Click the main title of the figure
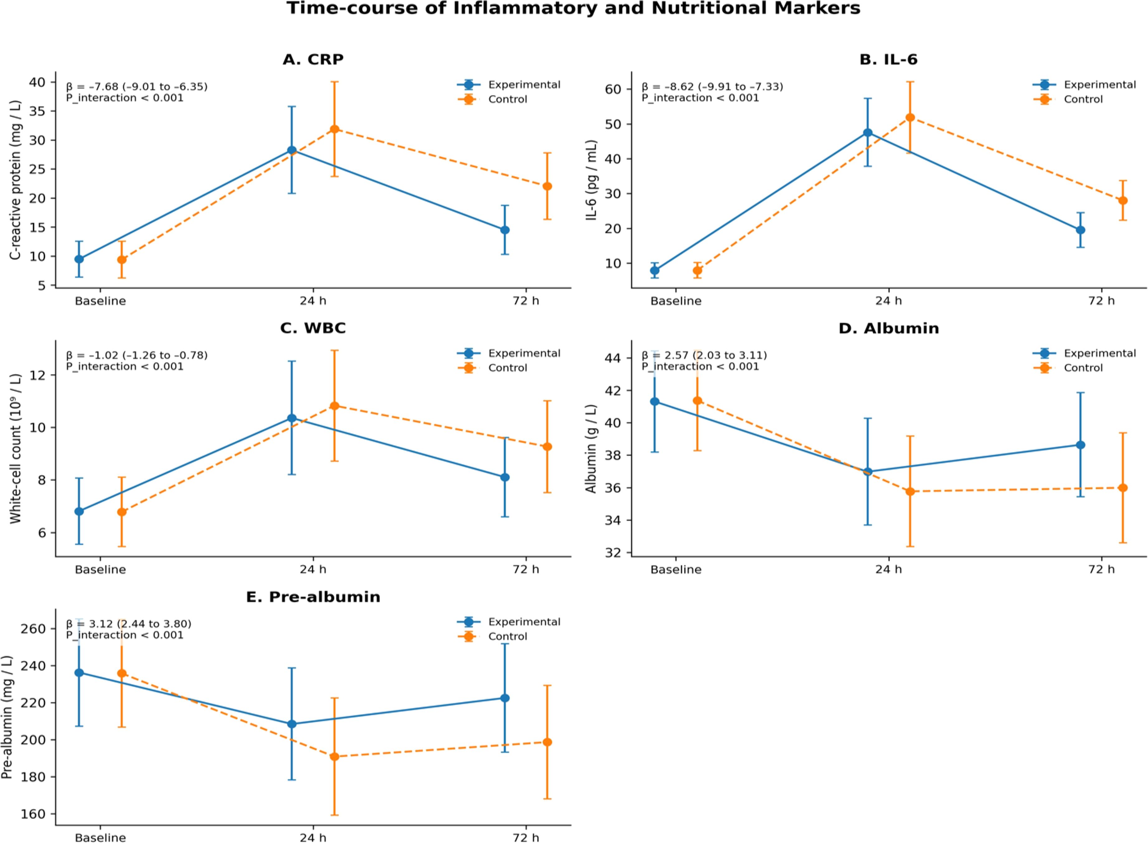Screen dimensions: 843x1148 point(573,9)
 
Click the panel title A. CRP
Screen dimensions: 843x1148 point(313,60)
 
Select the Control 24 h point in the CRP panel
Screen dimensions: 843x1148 point(334,129)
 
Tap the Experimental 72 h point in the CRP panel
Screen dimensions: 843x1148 point(504,230)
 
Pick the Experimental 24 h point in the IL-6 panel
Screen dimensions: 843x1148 point(867,133)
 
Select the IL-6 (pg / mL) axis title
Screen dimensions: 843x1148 point(591,180)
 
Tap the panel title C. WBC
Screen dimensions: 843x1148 point(313,328)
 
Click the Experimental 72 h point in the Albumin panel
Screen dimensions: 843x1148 point(1080,445)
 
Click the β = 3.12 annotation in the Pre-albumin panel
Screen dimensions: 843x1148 point(129,624)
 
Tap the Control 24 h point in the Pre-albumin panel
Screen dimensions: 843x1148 point(334,757)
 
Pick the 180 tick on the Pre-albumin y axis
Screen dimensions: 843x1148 point(32,777)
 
